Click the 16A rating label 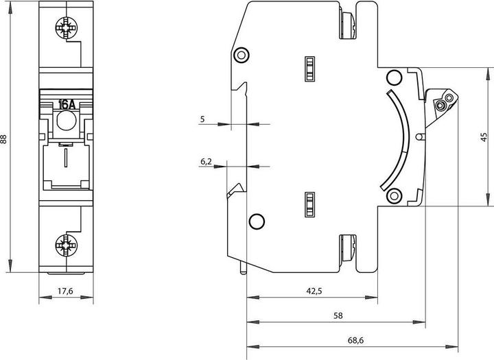coord(67,105)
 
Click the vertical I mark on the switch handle coord(65,160)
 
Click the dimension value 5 coord(202,119)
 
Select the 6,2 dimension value coord(206,161)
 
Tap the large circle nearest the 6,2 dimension coord(256,221)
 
